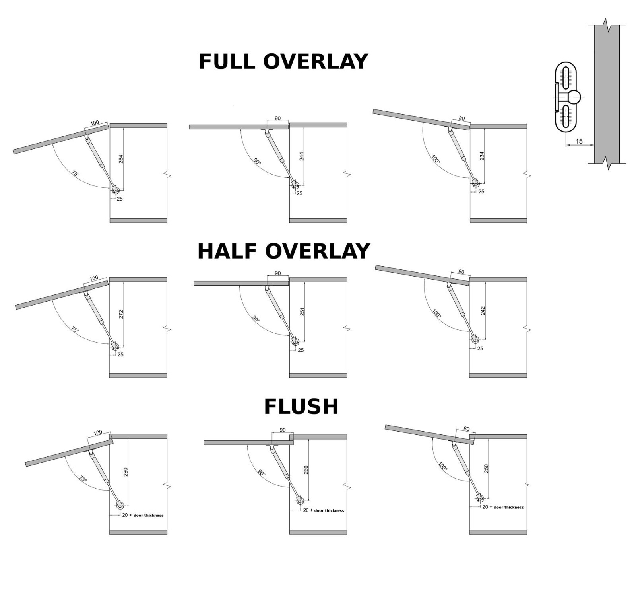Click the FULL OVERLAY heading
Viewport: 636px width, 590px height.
(283, 62)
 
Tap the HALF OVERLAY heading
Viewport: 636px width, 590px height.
(284, 251)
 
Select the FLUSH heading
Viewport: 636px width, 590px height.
(301, 407)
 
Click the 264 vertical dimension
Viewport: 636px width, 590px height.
(121, 158)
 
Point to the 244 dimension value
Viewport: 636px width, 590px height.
(301, 156)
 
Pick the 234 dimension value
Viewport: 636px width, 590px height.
(482, 156)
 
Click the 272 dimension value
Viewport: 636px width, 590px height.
(121, 314)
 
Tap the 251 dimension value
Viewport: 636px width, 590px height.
(302, 312)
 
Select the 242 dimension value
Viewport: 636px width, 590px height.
(483, 311)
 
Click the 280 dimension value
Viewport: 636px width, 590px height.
(126, 472)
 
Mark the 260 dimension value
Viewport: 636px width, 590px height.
(306, 470)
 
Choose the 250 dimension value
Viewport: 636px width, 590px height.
(486, 468)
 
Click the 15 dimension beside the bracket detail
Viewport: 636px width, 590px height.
(579, 141)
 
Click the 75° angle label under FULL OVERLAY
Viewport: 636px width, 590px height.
(75, 174)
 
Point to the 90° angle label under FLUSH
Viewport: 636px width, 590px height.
(261, 473)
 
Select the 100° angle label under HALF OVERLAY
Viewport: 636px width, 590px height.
(436, 313)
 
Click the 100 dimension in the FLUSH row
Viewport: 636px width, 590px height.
(97, 432)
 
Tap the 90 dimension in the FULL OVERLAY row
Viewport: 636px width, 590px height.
(277, 118)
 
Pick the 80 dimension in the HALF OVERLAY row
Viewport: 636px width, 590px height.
(461, 272)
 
